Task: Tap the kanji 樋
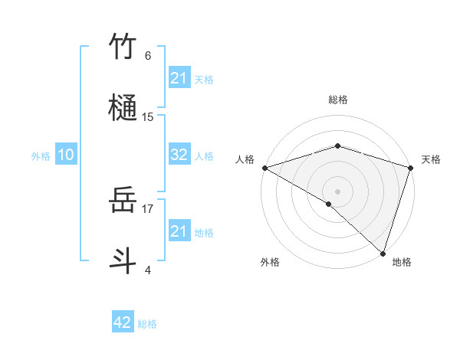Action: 123,105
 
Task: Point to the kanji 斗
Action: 123,258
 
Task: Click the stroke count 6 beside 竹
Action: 148,56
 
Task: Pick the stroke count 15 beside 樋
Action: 148,116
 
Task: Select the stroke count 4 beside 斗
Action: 148,269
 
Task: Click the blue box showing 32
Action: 179,155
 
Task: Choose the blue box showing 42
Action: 123,322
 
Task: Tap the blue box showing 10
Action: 66,155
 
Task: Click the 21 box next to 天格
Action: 179,78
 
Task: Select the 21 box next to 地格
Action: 179,231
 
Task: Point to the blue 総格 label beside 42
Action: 147,323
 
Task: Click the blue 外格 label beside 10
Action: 41,155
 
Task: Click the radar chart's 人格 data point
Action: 264,168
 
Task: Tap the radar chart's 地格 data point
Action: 383,253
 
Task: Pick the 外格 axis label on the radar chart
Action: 270,263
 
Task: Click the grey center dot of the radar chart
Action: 337,191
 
